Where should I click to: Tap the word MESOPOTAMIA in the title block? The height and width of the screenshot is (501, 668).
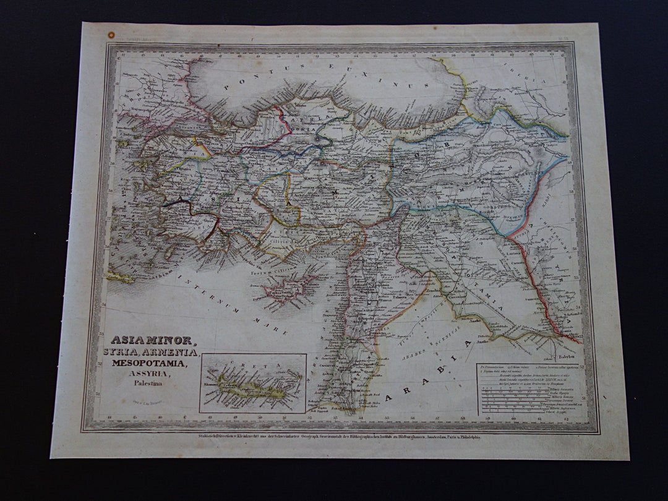[152, 362]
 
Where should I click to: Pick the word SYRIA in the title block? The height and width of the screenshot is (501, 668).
[128, 351]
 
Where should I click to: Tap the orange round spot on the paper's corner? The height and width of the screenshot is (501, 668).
[111, 35]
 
